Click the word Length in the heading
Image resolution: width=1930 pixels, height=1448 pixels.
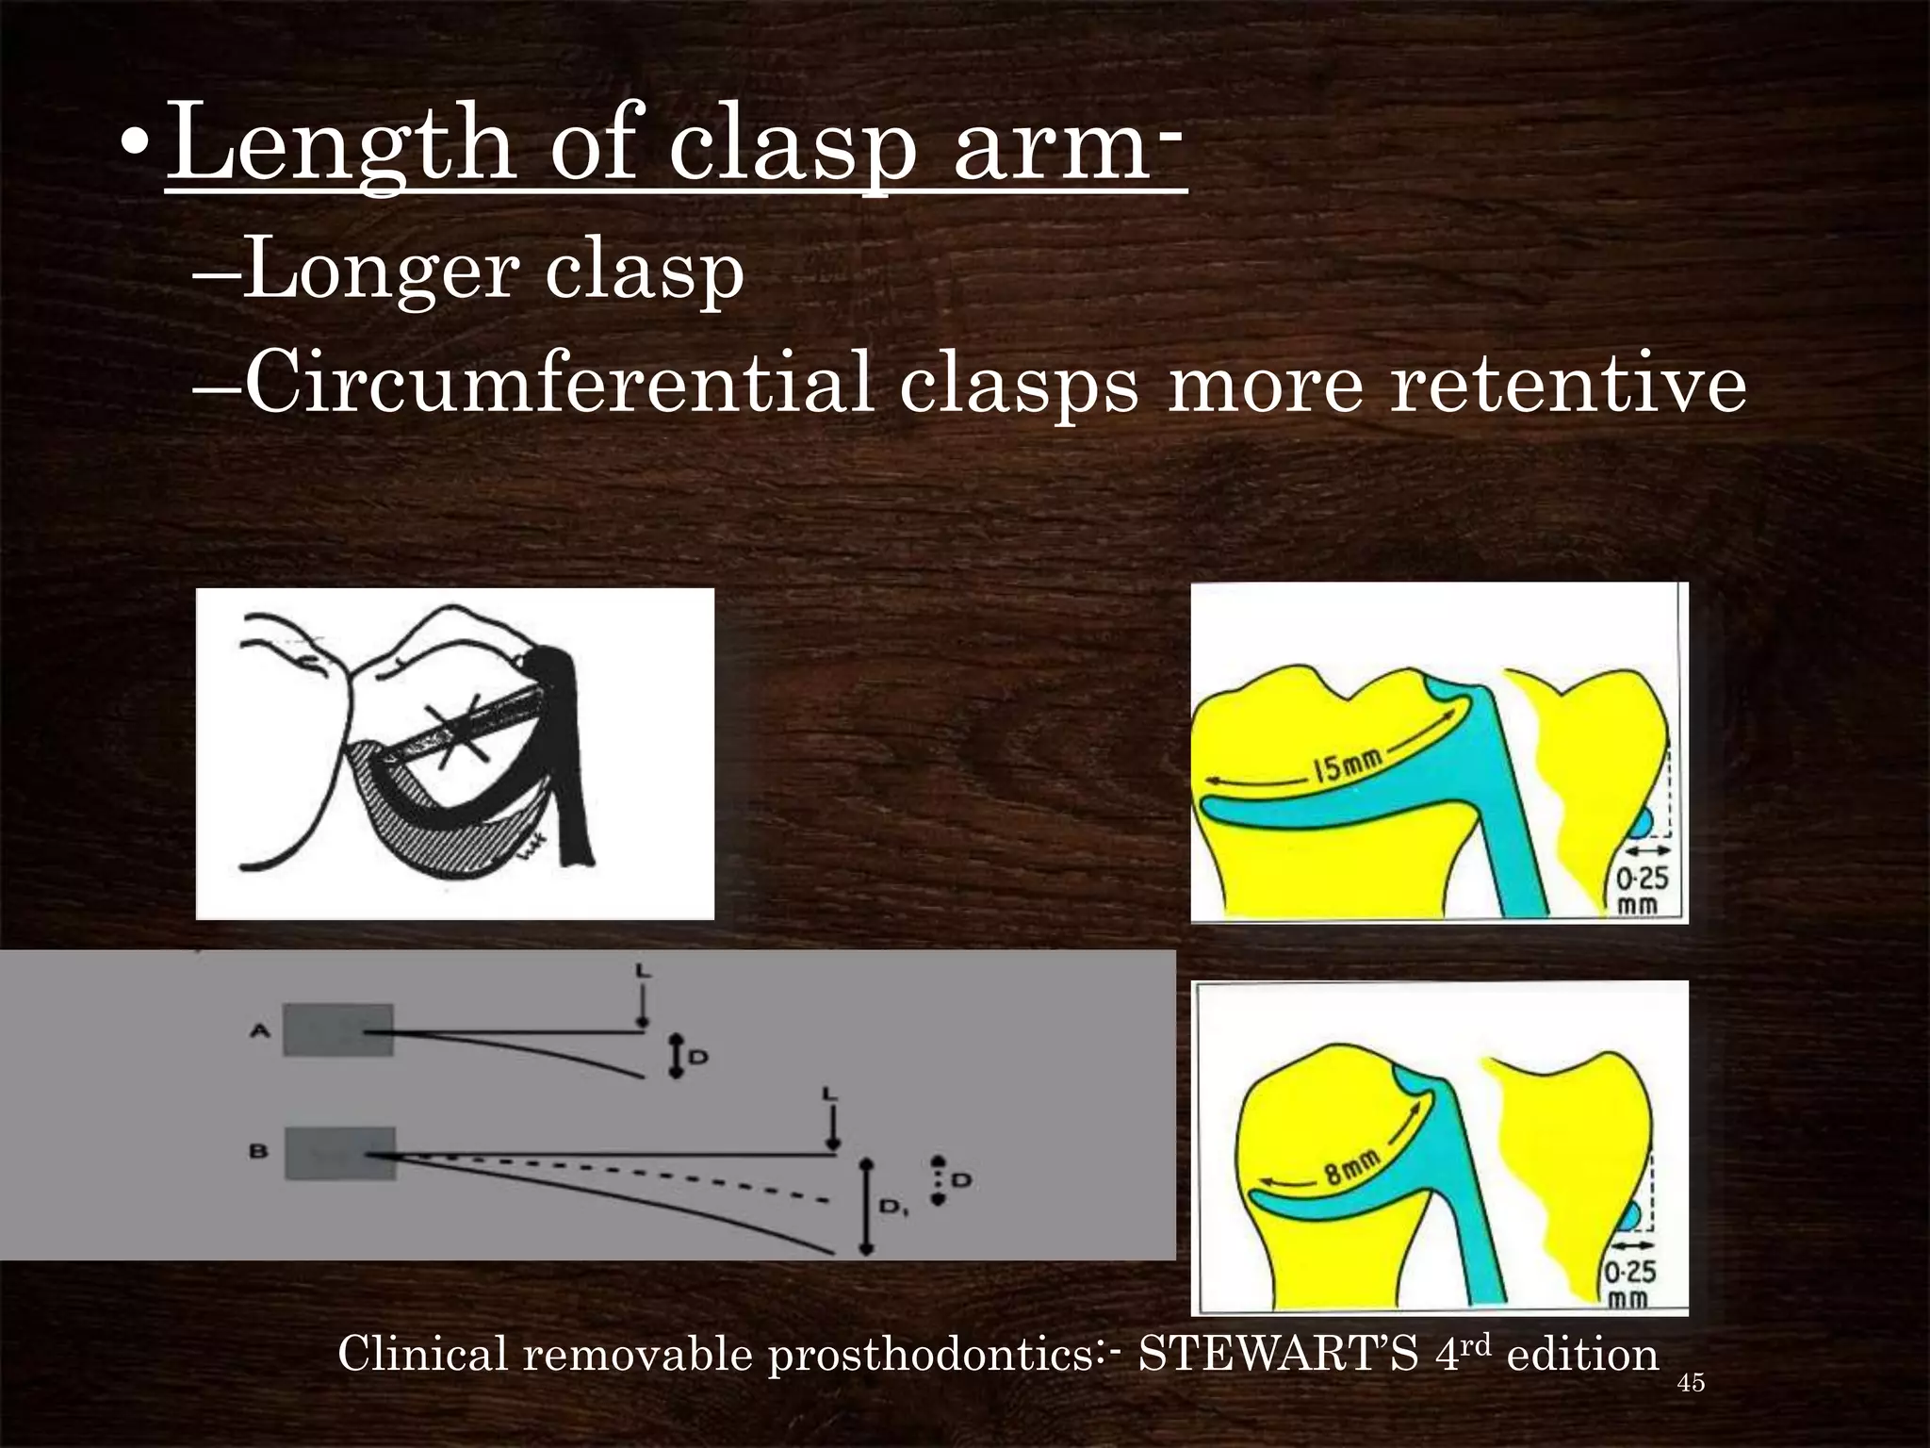[340, 143]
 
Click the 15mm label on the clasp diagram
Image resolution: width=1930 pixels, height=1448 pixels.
[1348, 765]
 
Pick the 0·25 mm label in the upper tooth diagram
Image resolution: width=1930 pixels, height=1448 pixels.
[1642, 889]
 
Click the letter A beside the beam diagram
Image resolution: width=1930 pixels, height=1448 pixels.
[260, 1030]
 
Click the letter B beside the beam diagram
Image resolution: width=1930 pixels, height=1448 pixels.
[259, 1151]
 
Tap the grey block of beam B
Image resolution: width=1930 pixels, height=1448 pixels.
[339, 1153]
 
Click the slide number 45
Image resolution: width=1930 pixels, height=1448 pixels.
[1692, 1383]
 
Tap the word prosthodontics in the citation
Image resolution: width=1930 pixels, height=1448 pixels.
[928, 1356]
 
